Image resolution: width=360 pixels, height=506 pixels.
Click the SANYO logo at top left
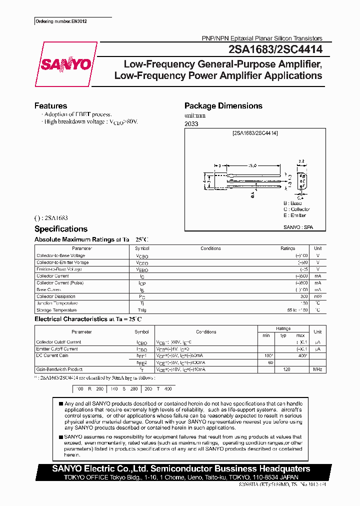[65, 64]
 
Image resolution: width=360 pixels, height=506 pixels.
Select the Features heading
[50, 106]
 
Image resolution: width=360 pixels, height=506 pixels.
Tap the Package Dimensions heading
[223, 106]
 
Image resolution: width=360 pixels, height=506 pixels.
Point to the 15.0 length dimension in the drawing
[253, 165]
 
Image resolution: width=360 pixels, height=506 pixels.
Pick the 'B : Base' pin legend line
[292, 203]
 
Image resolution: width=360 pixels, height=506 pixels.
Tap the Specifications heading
[60, 229]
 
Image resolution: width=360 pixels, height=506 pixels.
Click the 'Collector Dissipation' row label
[55, 296]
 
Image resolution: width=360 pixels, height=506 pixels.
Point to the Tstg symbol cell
[142, 310]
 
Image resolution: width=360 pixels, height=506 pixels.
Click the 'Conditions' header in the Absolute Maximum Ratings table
[210, 248]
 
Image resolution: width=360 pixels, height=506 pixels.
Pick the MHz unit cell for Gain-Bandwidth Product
[317, 369]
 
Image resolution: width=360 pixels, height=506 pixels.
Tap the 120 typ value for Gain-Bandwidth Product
[287, 369]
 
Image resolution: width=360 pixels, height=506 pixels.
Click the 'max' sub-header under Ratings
[300, 335]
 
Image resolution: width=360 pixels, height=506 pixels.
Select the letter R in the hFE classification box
[89, 388]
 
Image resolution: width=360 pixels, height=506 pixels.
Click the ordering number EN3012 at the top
[58, 21]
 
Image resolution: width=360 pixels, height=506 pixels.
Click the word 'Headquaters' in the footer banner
[283, 469]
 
